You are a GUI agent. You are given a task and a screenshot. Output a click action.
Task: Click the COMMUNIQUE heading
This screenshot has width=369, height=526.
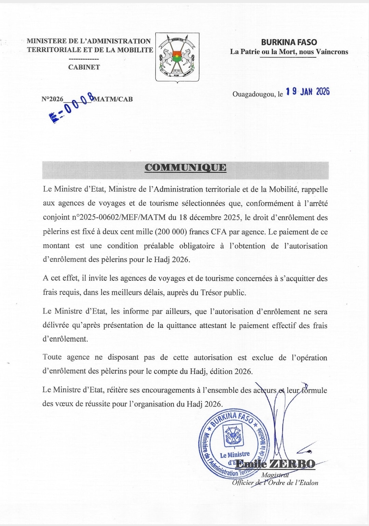pos(185,167)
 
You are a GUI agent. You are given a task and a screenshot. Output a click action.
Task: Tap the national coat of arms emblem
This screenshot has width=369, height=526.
pos(177,57)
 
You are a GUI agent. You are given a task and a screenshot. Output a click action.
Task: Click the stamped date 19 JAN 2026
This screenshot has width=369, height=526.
pos(307,92)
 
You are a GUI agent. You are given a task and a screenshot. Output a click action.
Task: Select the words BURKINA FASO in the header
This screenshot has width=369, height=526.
pos(289,42)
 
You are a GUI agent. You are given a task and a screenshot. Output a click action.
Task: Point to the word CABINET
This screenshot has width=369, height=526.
pos(84,67)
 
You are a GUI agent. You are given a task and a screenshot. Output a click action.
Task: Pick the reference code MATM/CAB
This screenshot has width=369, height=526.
pos(113,99)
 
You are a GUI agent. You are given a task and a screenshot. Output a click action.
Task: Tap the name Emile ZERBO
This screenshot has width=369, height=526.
pos(275,464)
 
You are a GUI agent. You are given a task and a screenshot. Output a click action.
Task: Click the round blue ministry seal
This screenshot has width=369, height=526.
pos(234,443)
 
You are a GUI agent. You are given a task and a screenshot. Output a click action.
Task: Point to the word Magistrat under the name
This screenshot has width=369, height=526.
pos(275,475)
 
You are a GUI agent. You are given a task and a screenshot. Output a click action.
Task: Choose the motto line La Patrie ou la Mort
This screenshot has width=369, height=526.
pos(289,52)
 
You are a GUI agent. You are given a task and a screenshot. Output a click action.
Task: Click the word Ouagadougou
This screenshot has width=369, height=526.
pos(254,94)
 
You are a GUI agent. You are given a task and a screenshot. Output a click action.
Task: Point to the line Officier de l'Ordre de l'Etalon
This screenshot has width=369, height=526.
pos(275,483)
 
